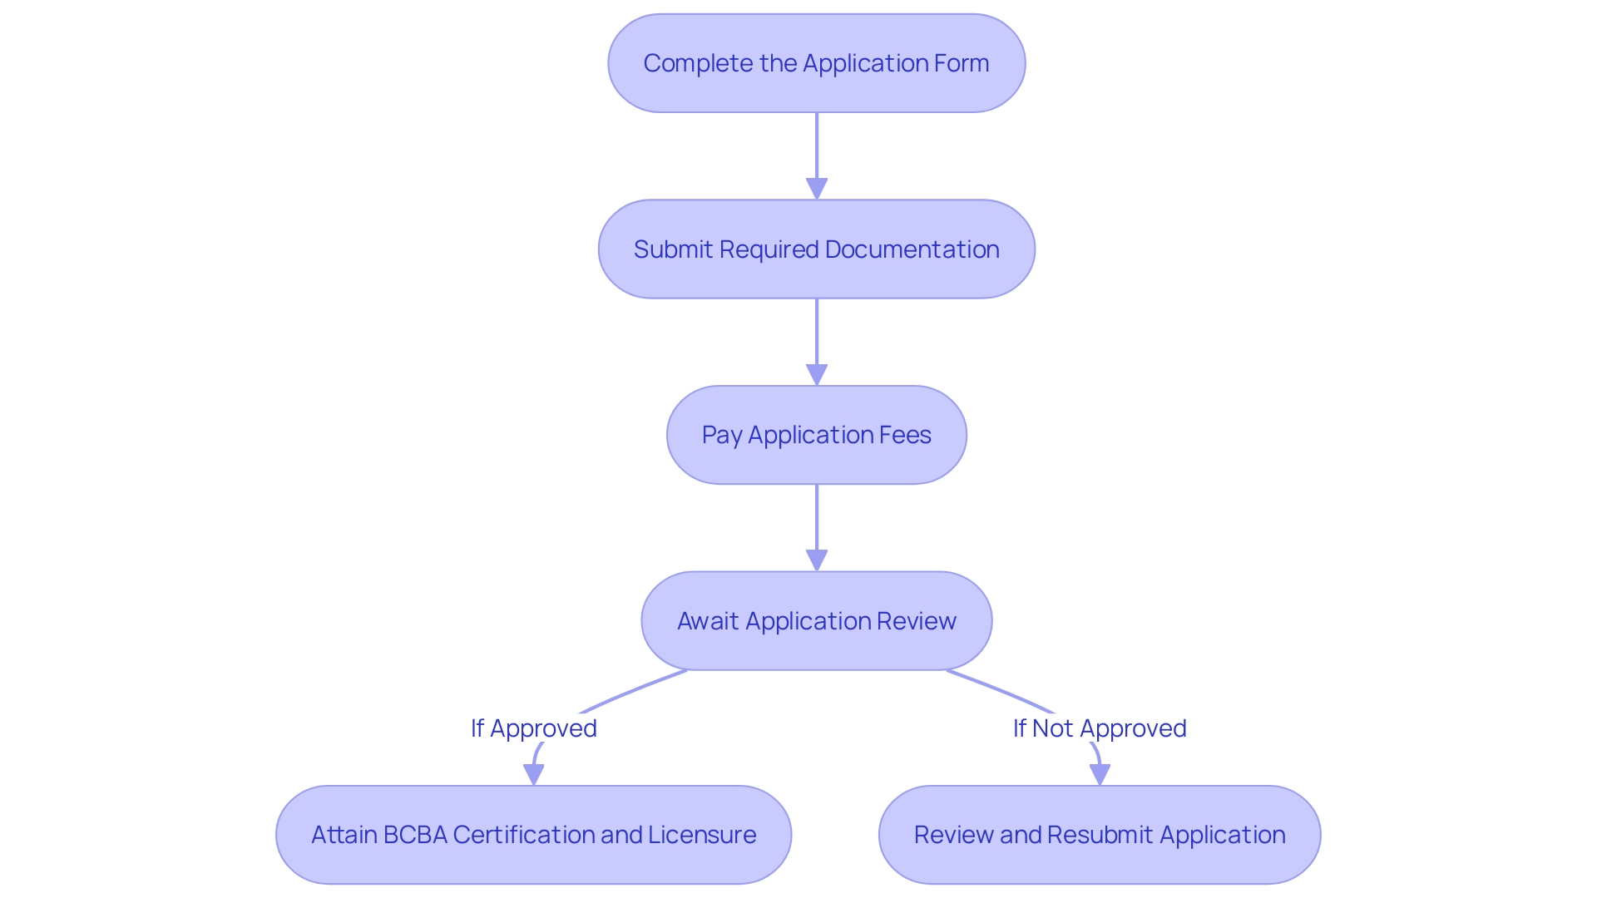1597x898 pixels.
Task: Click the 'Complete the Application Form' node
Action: tap(816, 63)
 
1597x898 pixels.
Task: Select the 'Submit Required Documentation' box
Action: tap(816, 249)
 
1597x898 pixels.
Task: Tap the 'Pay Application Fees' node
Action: tap(816, 435)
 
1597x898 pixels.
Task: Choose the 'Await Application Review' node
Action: tap(816, 621)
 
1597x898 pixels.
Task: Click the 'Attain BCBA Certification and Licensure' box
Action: tap(533, 835)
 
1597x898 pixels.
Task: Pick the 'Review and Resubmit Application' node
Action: tap(1100, 835)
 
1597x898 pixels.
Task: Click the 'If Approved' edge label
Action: tap(533, 728)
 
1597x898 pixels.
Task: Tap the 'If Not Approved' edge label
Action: tap(1100, 728)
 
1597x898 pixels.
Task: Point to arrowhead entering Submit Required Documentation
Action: tap(817, 189)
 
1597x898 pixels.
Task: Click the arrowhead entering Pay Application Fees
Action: tap(817, 375)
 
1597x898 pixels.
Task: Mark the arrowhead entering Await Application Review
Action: tap(817, 560)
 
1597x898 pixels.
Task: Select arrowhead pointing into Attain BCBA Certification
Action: tap(533, 775)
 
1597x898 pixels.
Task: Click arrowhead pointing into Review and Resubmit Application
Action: tap(1100, 775)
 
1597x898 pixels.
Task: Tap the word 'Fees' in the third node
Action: tap(906, 435)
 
